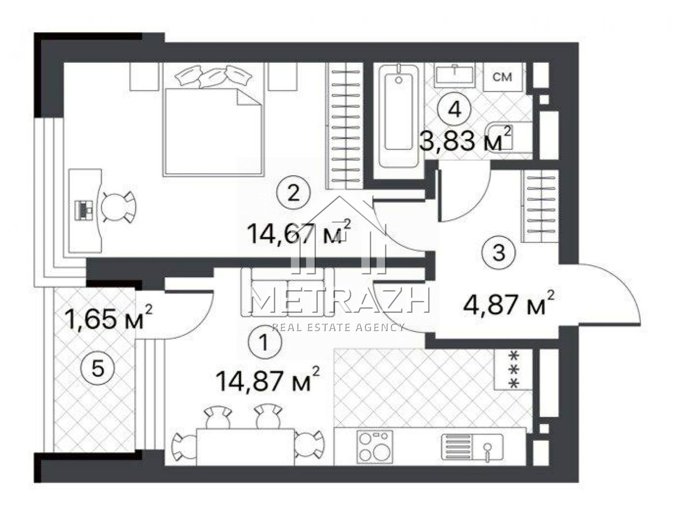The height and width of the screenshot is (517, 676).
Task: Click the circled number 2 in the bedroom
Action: pyautogui.click(x=294, y=193)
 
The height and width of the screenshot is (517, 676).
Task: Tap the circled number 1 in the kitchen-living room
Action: pyautogui.click(x=264, y=342)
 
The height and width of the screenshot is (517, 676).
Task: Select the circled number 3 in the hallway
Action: pyautogui.click(x=499, y=252)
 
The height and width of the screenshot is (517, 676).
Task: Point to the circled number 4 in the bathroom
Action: pyautogui.click(x=454, y=109)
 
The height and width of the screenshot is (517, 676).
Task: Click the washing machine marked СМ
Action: pyautogui.click(x=502, y=77)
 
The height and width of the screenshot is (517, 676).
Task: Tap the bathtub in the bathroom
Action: pyautogui.click(x=398, y=115)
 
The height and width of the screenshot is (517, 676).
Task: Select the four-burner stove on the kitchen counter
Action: pyautogui.click(x=375, y=447)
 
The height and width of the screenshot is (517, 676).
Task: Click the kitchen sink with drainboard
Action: pyautogui.click(x=472, y=447)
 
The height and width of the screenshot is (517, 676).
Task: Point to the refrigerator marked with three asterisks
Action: pyautogui.click(x=513, y=370)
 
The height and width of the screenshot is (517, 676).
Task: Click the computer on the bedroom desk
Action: pyautogui.click(x=84, y=210)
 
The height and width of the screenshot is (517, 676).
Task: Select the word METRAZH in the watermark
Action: pyautogui.click(x=340, y=300)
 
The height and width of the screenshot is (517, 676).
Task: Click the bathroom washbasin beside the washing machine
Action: pyautogui.click(x=454, y=74)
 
